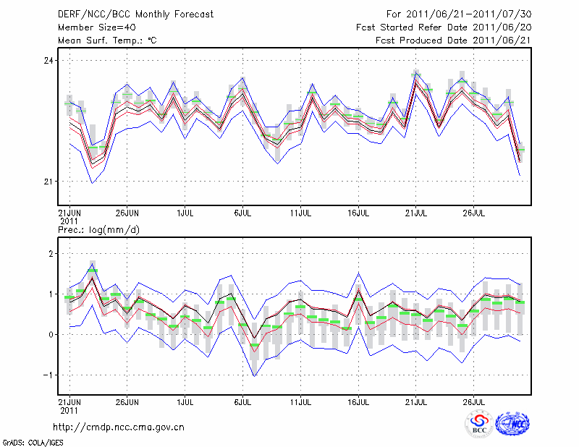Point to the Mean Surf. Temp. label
(106, 41)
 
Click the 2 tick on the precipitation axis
(51, 254)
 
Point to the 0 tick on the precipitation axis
(51, 335)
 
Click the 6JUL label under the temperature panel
(242, 214)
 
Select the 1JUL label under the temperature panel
(185, 214)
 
